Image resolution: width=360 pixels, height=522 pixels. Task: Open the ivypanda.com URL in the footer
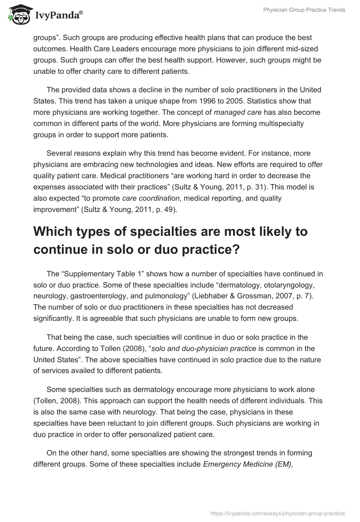pos(278,512)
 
